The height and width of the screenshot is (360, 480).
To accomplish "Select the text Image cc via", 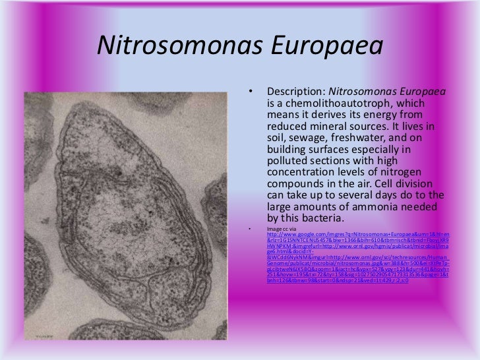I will [x=283, y=228].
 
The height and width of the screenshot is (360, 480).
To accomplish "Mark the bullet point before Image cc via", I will [x=249, y=228].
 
